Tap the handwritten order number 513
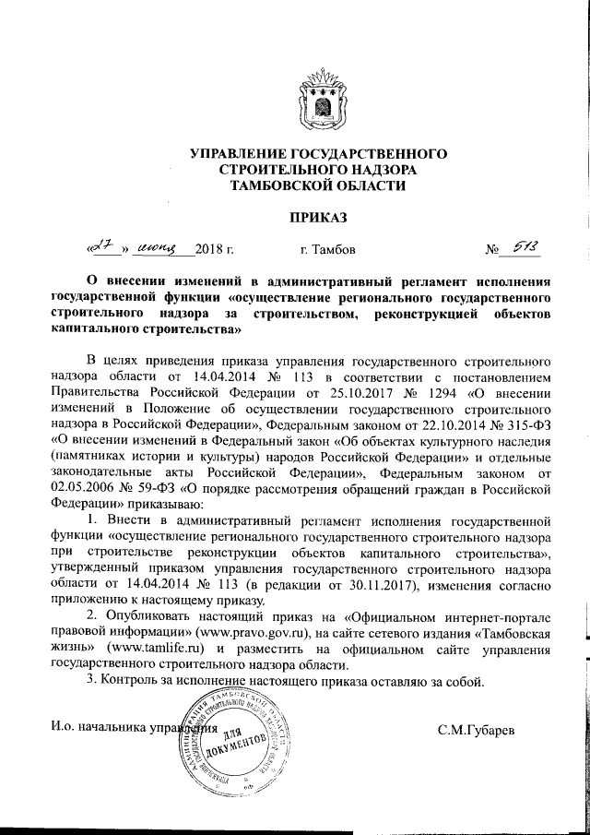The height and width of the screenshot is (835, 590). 525,246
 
